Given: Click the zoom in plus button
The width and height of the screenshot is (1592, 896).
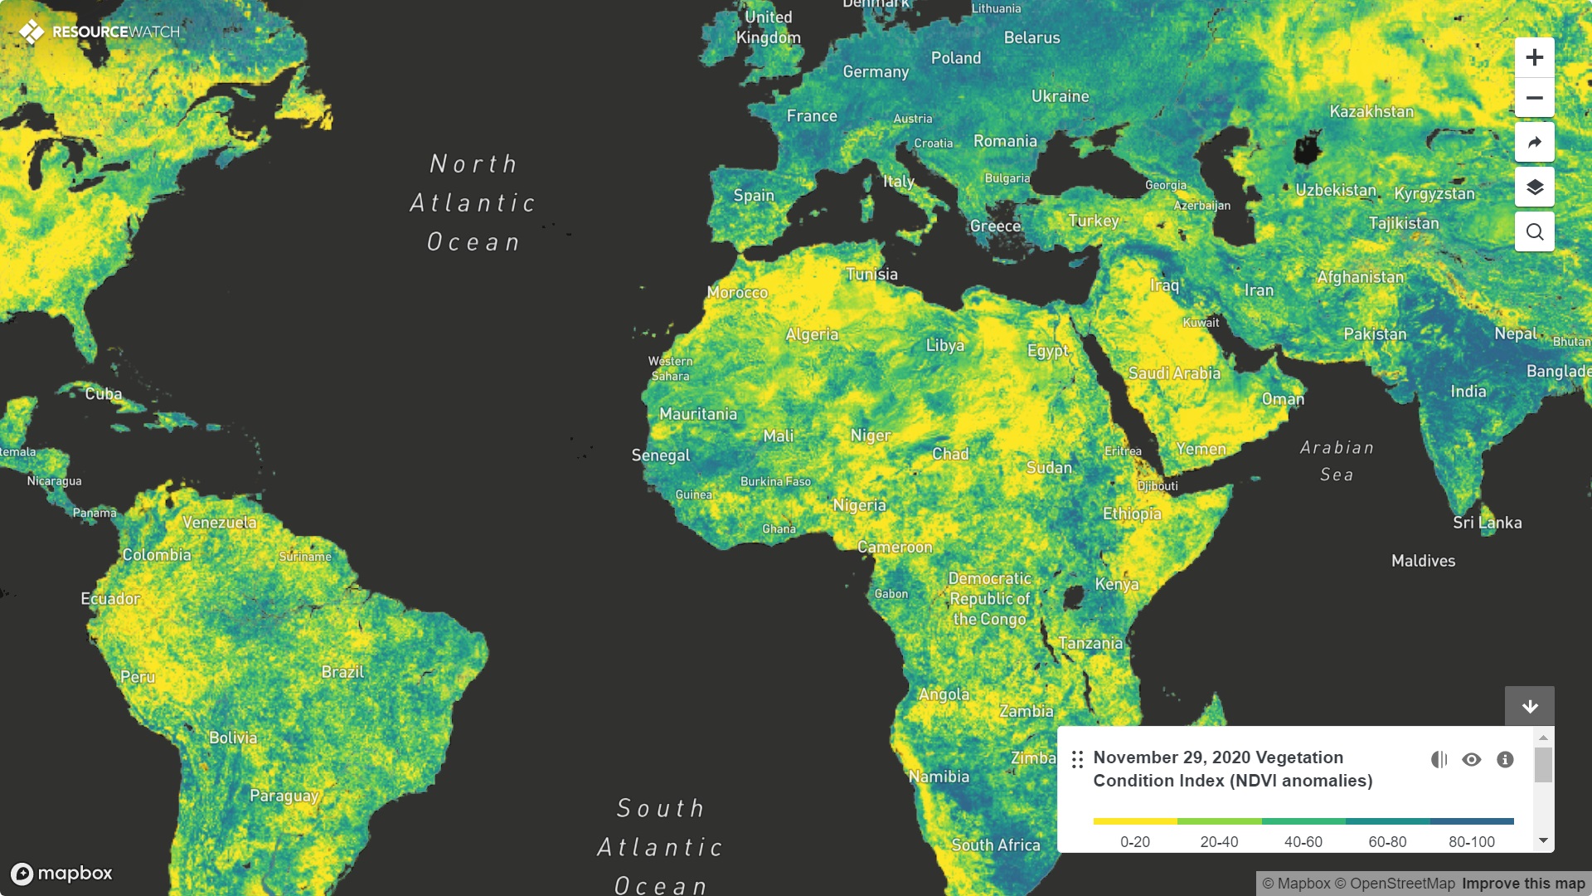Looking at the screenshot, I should (1534, 57).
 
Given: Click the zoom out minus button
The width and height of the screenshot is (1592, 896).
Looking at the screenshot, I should (1534, 98).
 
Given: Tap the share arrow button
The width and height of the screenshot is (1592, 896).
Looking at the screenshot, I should (1534, 142).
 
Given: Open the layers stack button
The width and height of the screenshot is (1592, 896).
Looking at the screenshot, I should (1534, 187).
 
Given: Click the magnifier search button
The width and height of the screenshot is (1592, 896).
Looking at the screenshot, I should (1534, 231).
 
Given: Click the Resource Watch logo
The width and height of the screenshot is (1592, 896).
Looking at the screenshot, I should (99, 32).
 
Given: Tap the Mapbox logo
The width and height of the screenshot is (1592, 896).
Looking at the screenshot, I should (61, 873).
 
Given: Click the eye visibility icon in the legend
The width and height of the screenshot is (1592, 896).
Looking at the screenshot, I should (1471, 759).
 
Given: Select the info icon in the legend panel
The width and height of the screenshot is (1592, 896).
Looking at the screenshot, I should (1505, 759).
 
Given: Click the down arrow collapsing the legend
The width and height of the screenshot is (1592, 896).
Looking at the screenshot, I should (1529, 706).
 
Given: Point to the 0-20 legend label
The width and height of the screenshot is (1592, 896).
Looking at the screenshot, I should (1134, 841).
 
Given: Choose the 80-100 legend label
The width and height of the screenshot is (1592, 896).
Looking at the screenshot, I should (1471, 841).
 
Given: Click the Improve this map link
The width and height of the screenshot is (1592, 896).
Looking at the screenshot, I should (1523, 884).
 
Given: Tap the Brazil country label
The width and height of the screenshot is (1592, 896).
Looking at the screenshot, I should (342, 671).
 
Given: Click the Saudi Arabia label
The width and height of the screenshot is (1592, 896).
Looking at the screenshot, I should (1174, 373).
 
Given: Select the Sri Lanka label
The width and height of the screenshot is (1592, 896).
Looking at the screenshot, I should (1487, 523).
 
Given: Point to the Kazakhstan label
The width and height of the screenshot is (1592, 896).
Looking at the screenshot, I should (1371, 111).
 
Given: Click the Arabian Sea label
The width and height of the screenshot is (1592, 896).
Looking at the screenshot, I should (1337, 460).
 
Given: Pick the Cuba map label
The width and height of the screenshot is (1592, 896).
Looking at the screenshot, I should (103, 394).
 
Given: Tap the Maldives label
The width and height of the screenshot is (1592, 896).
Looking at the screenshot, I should (1423, 561).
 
